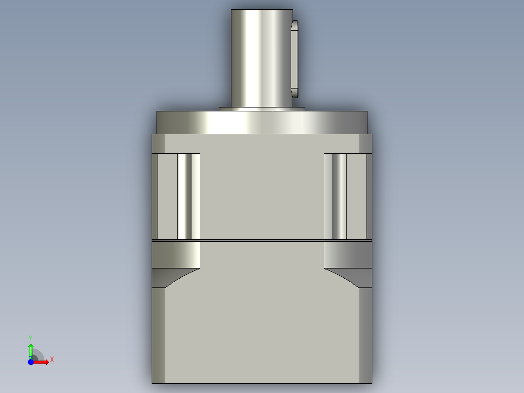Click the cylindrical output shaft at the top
click(x=262, y=58)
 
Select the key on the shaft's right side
click(x=295, y=58)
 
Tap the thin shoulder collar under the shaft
click(x=262, y=109)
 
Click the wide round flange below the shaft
click(x=262, y=123)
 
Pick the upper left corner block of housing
click(x=158, y=143)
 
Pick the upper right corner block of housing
click(x=365, y=143)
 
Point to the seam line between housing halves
click(x=262, y=240)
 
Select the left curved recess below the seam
click(x=176, y=254)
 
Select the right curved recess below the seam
click(x=348, y=254)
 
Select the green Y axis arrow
click(x=31, y=350)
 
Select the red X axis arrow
click(x=41, y=362)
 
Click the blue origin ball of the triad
click(x=31, y=362)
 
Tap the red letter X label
click(x=52, y=360)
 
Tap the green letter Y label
click(x=31, y=338)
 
